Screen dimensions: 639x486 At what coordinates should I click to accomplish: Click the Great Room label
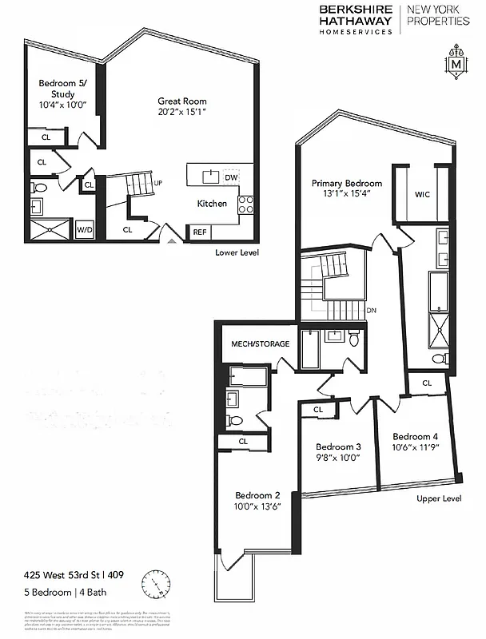182,101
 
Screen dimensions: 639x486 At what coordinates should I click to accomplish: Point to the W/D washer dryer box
84,230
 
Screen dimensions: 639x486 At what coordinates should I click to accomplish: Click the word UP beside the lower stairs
158,183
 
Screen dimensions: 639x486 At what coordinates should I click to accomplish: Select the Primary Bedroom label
346,183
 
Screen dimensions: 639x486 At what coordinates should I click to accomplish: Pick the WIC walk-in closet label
424,195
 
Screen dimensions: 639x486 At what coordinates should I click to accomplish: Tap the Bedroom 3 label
338,447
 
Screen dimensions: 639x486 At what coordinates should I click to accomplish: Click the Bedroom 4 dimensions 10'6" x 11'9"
415,448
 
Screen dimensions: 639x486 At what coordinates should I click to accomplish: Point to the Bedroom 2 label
258,494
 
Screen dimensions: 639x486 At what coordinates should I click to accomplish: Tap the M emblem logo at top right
456,64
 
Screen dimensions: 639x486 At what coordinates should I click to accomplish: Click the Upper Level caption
440,498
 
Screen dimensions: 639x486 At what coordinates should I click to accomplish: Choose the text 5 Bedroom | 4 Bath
65,592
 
